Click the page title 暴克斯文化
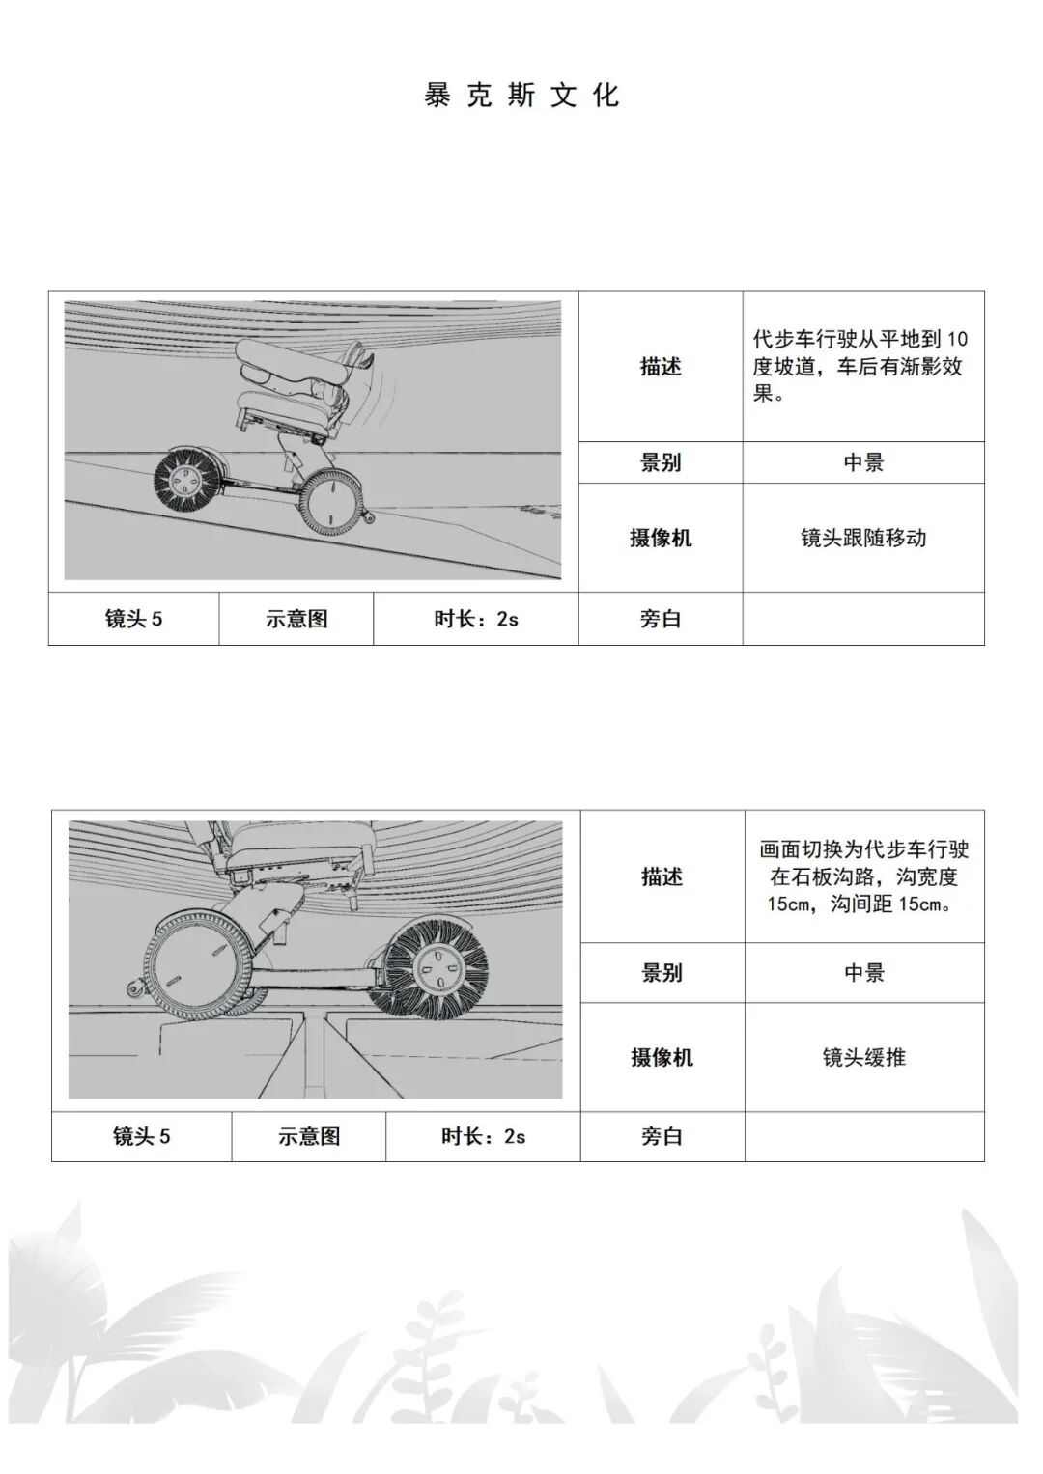521,96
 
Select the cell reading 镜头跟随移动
862,538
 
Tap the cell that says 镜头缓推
863,1057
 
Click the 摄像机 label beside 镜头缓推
662,1057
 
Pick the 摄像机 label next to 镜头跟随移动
661,538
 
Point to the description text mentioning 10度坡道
860,367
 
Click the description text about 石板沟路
863,876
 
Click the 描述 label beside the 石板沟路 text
662,876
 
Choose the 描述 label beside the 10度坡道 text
661,367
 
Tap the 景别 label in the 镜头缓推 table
662,972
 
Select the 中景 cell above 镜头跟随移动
862,462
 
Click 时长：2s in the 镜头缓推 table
483,1136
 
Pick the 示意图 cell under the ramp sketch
296,619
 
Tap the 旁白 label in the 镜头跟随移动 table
661,619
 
